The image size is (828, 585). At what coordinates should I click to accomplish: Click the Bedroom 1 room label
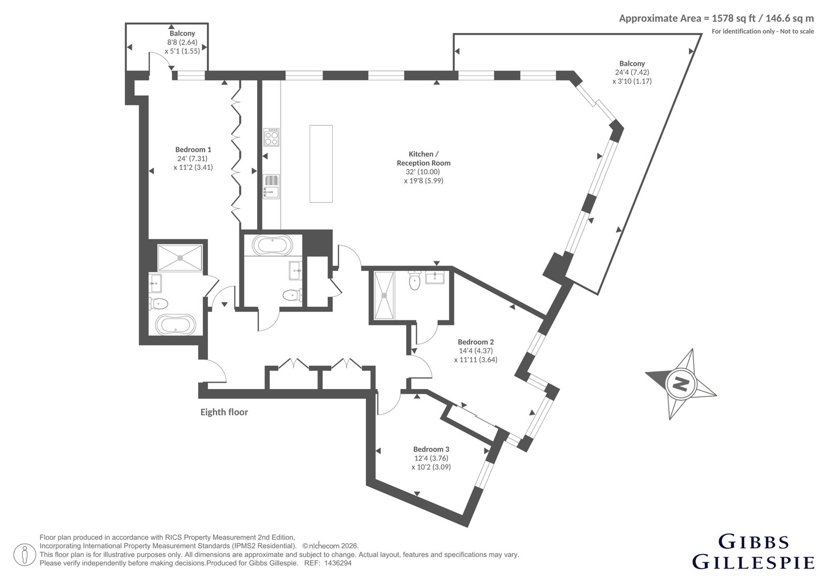pyautogui.click(x=193, y=149)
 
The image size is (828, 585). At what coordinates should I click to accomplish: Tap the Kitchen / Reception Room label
pyautogui.click(x=424, y=159)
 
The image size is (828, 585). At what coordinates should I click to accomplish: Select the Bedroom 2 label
pyautogui.click(x=476, y=342)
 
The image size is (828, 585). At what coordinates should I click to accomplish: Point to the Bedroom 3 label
pyautogui.click(x=431, y=449)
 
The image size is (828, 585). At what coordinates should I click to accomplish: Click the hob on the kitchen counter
pyautogui.click(x=271, y=137)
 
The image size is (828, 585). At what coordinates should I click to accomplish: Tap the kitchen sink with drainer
pyautogui.click(x=271, y=187)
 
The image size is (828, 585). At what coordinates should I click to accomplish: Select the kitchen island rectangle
pyautogui.click(x=321, y=164)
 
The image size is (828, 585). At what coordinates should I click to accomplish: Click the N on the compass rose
pyautogui.click(x=681, y=384)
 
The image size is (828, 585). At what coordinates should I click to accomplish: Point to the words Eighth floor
pyautogui.click(x=224, y=412)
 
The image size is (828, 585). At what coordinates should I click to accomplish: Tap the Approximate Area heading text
pyautogui.click(x=716, y=18)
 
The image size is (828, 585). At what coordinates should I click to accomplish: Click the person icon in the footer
pyautogui.click(x=25, y=554)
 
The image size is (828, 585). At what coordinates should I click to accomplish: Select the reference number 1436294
pyautogui.click(x=338, y=563)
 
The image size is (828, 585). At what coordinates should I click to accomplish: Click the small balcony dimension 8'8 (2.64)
pyautogui.click(x=182, y=42)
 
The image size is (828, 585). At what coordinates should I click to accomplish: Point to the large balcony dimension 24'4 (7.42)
pyautogui.click(x=632, y=72)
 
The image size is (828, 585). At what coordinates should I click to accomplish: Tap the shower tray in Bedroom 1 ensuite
pyautogui.click(x=180, y=258)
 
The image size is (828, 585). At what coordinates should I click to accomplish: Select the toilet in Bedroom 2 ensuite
pyautogui.click(x=415, y=280)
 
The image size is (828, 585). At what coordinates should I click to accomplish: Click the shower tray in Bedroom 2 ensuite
pyautogui.click(x=384, y=295)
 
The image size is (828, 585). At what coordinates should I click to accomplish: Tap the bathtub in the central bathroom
pyautogui.click(x=272, y=245)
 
